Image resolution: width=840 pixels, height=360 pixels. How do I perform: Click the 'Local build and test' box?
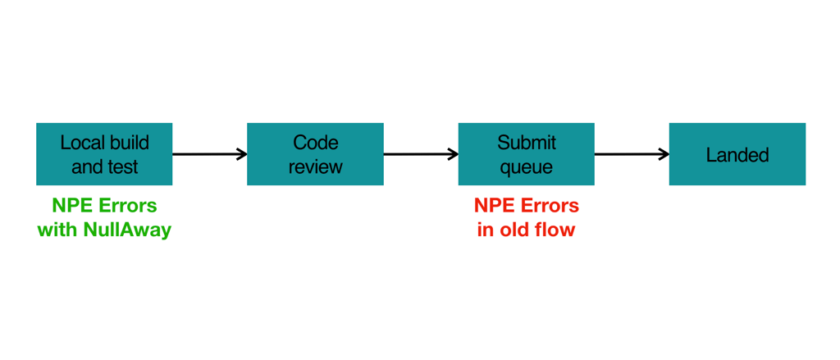pyautogui.click(x=104, y=154)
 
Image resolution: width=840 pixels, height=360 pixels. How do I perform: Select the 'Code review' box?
pyautogui.click(x=315, y=154)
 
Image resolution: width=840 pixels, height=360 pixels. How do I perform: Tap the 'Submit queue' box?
pyautogui.click(x=526, y=154)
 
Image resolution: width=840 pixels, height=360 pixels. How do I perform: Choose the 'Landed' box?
pyautogui.click(x=737, y=154)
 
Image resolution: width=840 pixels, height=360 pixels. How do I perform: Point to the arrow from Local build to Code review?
pyautogui.click(x=209, y=154)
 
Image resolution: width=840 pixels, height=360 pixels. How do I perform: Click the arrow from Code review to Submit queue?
pyautogui.click(x=420, y=154)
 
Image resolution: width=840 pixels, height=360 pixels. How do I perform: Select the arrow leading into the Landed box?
pyautogui.click(x=631, y=154)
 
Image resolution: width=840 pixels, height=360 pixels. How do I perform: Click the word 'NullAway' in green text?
pyautogui.click(x=127, y=230)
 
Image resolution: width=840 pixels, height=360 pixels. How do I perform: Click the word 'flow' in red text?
pyautogui.click(x=556, y=230)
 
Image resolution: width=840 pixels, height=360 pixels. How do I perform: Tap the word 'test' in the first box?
pyautogui.click(x=124, y=167)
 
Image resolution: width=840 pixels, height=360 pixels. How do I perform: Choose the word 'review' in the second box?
pyautogui.click(x=315, y=167)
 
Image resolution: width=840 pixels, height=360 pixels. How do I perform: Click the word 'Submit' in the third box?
pyautogui.click(x=526, y=143)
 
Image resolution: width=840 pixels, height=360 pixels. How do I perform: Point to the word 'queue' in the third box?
pyautogui.click(x=526, y=167)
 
